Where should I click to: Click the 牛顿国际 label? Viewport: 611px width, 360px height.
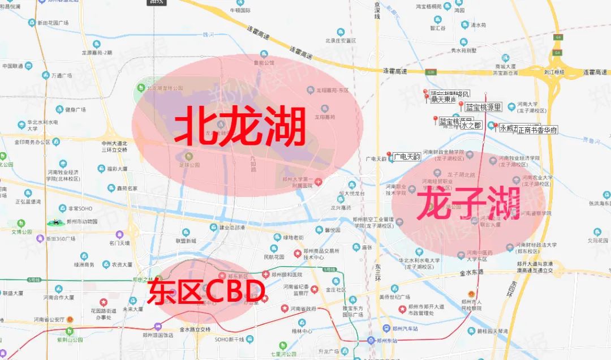pos(240,10)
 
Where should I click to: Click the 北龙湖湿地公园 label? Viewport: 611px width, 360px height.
pos(165,88)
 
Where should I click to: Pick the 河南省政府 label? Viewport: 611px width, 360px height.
pos(311,309)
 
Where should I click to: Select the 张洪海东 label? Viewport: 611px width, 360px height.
pos(598,203)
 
